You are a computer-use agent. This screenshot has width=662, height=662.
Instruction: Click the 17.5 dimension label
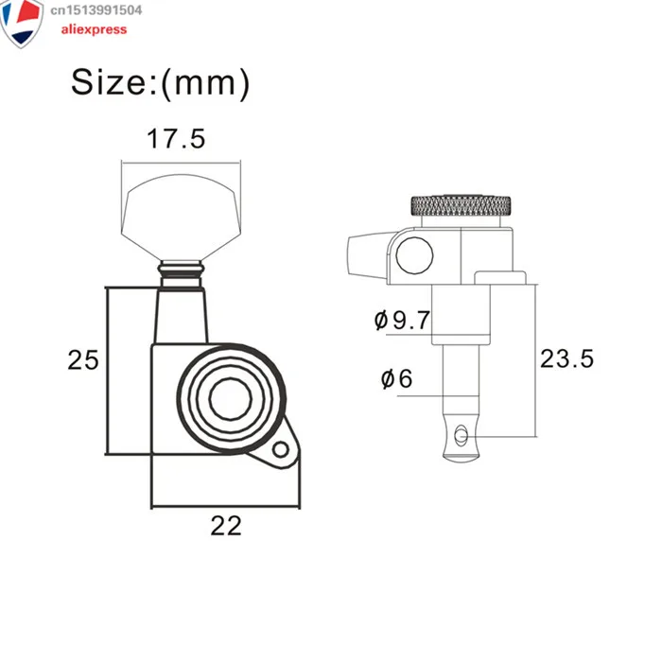176,139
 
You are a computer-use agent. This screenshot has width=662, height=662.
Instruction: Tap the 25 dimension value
83,360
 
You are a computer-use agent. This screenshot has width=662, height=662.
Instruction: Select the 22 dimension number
226,526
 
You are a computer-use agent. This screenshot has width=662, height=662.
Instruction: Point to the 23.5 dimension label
566,358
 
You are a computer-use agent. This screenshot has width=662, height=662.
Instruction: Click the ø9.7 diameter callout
402,320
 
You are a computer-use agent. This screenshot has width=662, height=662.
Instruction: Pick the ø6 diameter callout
396,378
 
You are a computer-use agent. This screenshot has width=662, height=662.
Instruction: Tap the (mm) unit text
205,83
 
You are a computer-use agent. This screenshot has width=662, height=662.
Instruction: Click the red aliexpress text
94,29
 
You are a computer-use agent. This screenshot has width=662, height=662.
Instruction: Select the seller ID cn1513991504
96,10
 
